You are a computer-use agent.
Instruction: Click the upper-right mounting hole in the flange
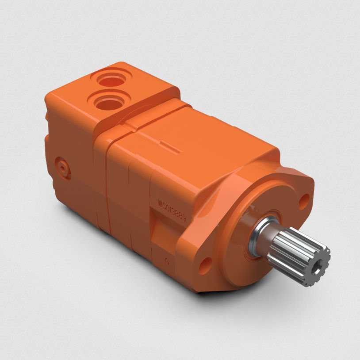coord(304,201)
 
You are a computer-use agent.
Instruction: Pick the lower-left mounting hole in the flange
coord(204,266)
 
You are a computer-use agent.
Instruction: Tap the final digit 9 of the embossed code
coord(185,218)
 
